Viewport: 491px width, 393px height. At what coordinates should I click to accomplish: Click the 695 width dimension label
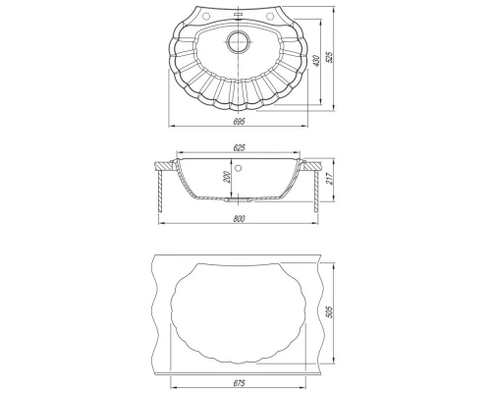point(239,122)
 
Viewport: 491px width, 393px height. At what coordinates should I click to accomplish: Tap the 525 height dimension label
point(329,57)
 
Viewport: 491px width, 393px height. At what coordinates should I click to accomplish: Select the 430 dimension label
point(316,61)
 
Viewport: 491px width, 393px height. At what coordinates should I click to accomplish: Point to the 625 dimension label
point(239,148)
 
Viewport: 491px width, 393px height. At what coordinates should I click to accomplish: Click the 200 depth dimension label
point(228,177)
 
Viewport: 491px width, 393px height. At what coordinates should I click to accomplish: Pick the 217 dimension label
point(330,179)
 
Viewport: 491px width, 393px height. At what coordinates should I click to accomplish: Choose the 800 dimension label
point(239,219)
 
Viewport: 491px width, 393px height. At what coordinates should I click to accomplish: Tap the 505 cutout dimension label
point(329,312)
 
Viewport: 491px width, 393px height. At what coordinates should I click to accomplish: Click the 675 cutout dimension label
point(240,383)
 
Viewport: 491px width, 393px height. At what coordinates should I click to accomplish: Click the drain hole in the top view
point(239,42)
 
